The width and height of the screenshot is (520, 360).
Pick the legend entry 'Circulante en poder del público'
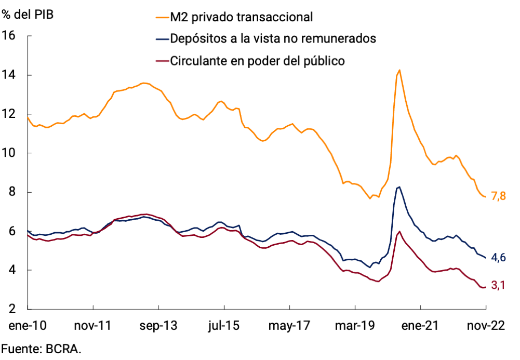tap(258, 61)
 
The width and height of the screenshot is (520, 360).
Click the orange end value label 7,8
tap(499, 196)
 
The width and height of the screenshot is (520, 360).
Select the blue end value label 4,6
tap(499, 258)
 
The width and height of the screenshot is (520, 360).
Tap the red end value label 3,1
tap(499, 285)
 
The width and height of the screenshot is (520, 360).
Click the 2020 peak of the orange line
tap(399, 70)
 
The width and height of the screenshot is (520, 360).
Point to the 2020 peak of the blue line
tap(398, 186)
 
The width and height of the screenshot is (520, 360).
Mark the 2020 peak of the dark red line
tap(398, 232)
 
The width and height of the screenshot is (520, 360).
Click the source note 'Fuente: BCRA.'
tap(42, 349)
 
